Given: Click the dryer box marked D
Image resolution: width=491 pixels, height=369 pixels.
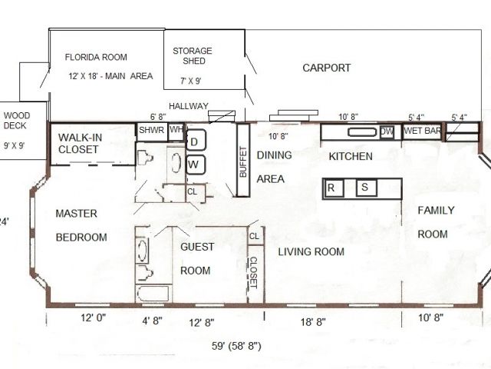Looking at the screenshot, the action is [196, 140].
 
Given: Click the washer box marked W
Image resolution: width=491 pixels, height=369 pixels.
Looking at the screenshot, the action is [196, 165].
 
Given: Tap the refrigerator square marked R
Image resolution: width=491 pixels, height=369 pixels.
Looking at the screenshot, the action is [334, 188].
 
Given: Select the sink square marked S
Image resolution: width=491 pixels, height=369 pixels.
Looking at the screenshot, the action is [367, 188].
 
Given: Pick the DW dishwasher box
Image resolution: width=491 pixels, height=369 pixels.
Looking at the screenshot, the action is [387, 131].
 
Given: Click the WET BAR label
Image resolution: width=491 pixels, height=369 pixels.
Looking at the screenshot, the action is [422, 131].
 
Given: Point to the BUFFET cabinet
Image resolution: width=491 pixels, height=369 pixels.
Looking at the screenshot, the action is [243, 160].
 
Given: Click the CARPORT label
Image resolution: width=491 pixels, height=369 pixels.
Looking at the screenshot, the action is [326, 68].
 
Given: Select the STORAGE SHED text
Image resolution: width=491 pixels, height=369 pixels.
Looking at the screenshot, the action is [193, 55].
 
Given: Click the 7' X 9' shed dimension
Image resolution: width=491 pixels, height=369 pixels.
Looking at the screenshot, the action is [191, 81].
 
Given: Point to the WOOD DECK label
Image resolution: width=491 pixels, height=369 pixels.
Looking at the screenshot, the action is [17, 121].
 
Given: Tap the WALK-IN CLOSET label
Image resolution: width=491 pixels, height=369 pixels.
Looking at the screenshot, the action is [80, 144].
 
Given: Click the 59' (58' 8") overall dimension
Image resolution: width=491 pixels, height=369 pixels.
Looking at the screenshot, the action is [236, 346].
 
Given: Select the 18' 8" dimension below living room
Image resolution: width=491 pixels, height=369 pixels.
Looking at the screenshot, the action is [313, 322].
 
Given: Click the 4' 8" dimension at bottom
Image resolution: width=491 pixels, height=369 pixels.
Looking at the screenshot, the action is [153, 321].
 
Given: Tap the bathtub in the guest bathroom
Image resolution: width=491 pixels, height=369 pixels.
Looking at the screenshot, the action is [153, 294].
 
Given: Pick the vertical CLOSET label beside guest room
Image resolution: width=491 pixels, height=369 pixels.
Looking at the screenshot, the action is [253, 272].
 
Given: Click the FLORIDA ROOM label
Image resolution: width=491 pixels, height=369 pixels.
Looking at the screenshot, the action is [96, 57].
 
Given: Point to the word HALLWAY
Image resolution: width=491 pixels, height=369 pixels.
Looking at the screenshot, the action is [189, 106].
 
